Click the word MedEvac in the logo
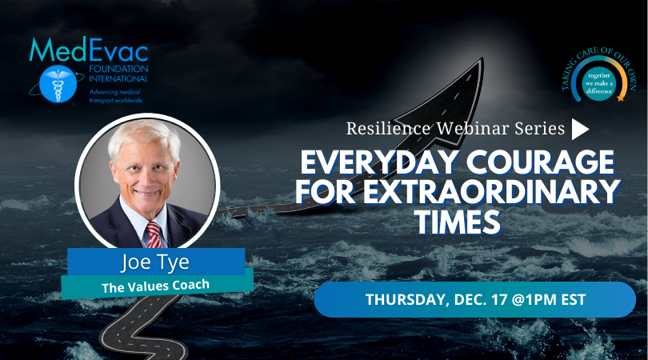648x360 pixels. (x=89, y=50)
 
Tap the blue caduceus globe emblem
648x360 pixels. (x=58, y=84)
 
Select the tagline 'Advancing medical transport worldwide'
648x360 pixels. (x=116, y=96)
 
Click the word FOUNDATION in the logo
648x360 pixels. (x=118, y=69)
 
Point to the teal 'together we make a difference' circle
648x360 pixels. (x=599, y=83)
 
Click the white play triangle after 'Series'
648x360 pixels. (x=580, y=129)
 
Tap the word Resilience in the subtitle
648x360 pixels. (x=388, y=129)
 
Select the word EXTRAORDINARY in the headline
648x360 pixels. (x=492, y=191)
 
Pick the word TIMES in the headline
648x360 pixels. (x=458, y=222)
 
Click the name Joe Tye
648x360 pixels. (x=155, y=262)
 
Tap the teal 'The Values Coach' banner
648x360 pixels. (x=157, y=284)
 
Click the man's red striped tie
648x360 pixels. (x=154, y=234)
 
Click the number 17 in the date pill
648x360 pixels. (x=499, y=299)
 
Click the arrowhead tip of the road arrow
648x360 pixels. (x=482, y=58)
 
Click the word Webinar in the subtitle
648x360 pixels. (x=473, y=129)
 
